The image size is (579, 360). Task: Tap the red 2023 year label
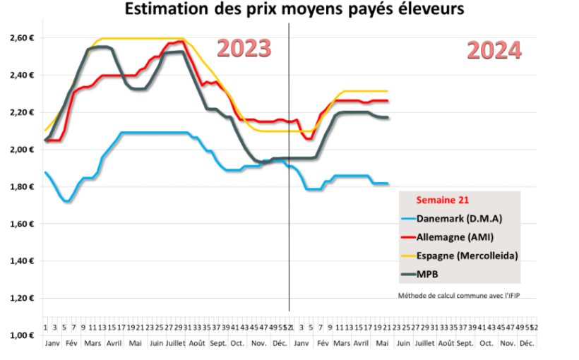click(x=244, y=48)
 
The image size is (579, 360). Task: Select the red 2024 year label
click(x=494, y=51)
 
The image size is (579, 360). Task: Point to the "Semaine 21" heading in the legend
click(x=441, y=200)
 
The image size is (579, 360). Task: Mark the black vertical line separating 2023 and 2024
click(x=289, y=169)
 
